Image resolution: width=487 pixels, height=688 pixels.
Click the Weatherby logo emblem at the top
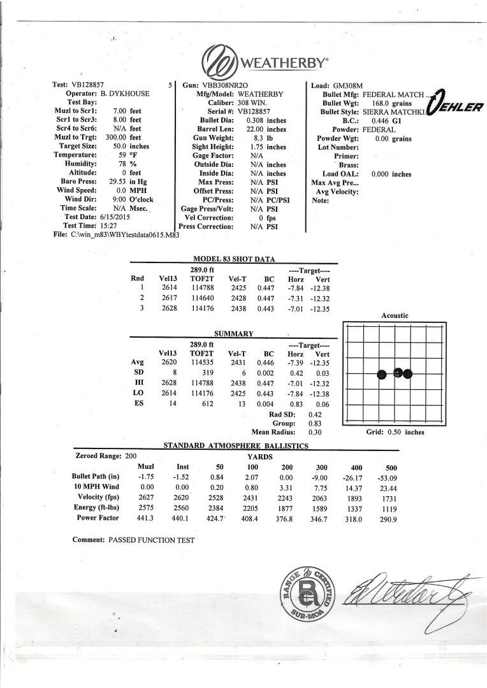(x=218, y=62)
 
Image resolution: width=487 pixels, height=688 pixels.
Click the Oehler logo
(x=456, y=106)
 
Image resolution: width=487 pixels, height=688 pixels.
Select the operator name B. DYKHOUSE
(x=124, y=94)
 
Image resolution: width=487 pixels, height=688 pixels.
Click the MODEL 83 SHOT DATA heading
(x=234, y=259)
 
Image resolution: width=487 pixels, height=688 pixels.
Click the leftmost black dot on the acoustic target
(x=381, y=373)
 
